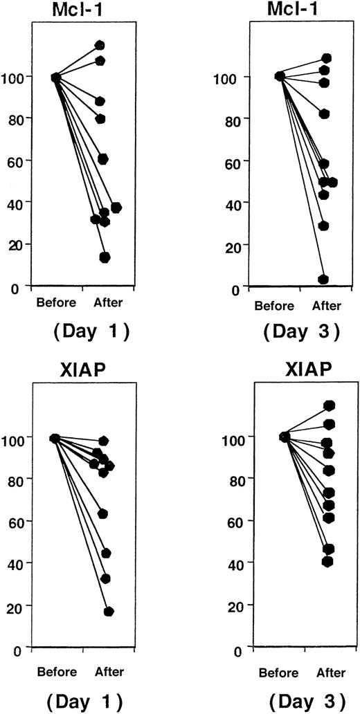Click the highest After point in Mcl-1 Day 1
tap(100, 46)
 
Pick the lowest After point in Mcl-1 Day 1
tap(105, 257)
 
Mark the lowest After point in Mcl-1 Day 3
tap(323, 280)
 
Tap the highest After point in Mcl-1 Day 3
tap(326, 58)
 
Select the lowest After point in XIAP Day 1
tap(109, 612)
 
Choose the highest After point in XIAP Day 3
tap(329, 405)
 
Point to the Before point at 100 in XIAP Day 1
tap(55, 438)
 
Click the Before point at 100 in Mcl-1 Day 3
tap(280, 76)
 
